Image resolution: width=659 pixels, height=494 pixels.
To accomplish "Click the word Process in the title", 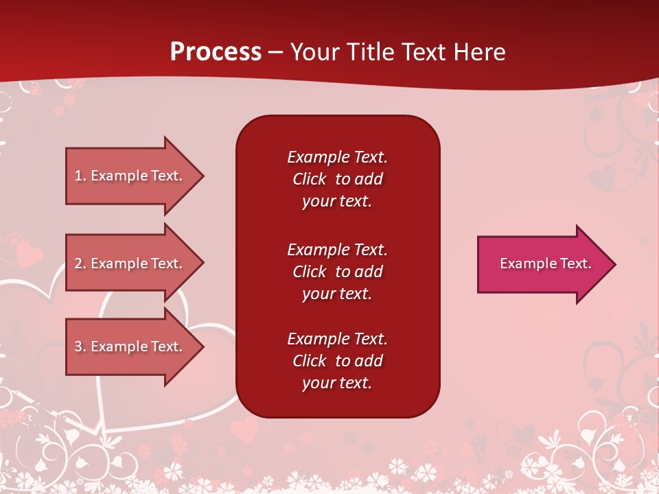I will click(x=216, y=51).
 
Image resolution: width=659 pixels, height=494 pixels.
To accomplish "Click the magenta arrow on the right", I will click(x=542, y=263).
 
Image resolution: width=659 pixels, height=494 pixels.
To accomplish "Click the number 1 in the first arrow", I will click(x=78, y=176).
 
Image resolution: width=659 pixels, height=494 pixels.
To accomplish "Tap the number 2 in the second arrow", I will click(x=78, y=263).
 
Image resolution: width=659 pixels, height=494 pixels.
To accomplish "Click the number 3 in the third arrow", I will click(x=78, y=346).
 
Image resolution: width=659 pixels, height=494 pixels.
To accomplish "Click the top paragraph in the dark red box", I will click(x=337, y=179).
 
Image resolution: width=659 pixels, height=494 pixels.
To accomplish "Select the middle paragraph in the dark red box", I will click(x=337, y=271).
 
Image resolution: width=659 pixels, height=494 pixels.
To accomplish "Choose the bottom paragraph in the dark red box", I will click(x=337, y=361).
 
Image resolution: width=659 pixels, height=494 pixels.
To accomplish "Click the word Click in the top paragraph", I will click(x=309, y=179).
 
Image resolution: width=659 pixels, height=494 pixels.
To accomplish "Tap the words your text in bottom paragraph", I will click(x=337, y=383).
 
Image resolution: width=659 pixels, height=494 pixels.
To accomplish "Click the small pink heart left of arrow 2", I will click(x=29, y=255).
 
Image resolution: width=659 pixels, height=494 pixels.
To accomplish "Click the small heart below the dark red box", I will click(x=244, y=430).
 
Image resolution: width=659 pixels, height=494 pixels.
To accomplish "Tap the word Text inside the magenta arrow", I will click(x=575, y=263).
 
